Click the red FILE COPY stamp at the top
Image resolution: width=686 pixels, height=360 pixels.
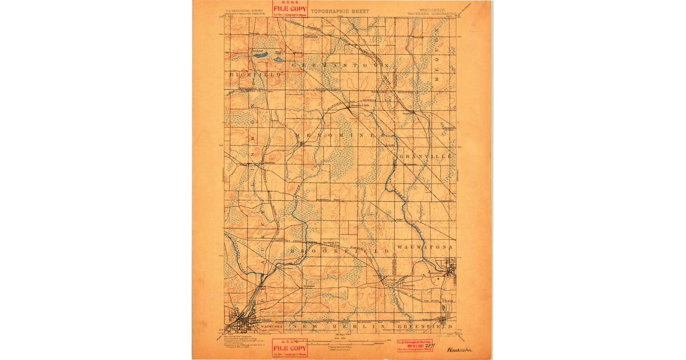290,9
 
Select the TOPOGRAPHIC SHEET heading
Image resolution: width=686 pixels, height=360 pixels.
340,11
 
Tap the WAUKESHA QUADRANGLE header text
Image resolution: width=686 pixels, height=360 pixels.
433,14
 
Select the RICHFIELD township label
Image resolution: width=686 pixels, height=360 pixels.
256,75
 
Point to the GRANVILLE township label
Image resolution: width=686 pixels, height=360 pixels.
426,156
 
